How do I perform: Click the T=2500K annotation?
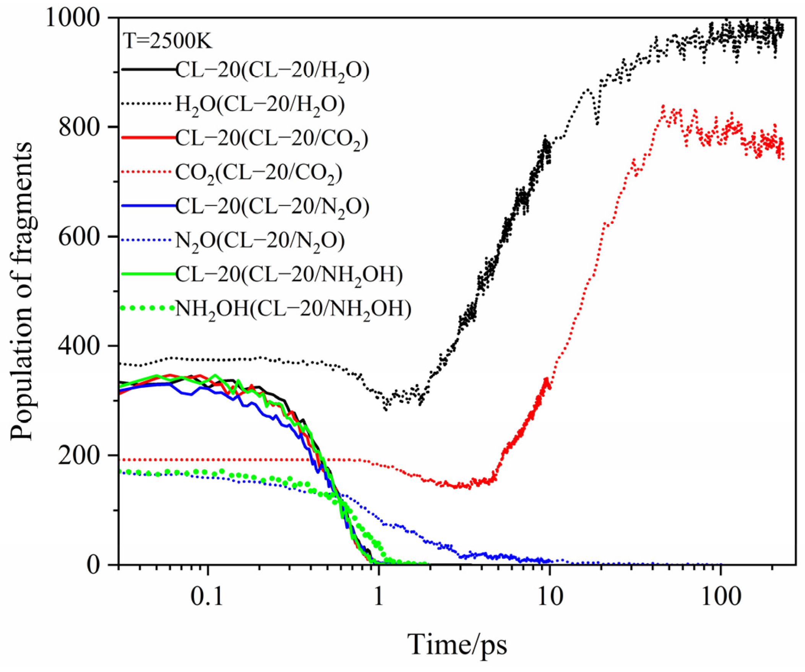point(167,41)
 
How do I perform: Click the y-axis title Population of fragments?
point(22,291)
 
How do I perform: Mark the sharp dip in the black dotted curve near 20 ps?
point(597,123)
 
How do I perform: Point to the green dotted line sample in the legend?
point(146,307)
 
